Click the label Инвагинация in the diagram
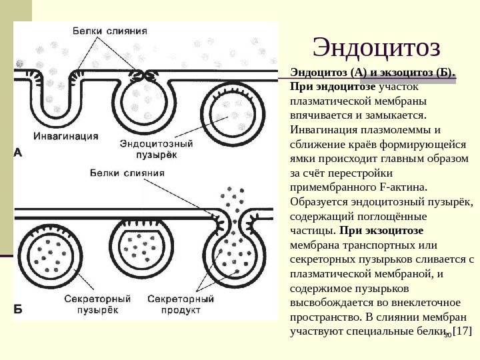click(67, 135)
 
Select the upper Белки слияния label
click(110, 31)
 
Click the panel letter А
click(18, 153)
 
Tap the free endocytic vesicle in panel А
click(229, 111)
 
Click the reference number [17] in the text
click(462, 331)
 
